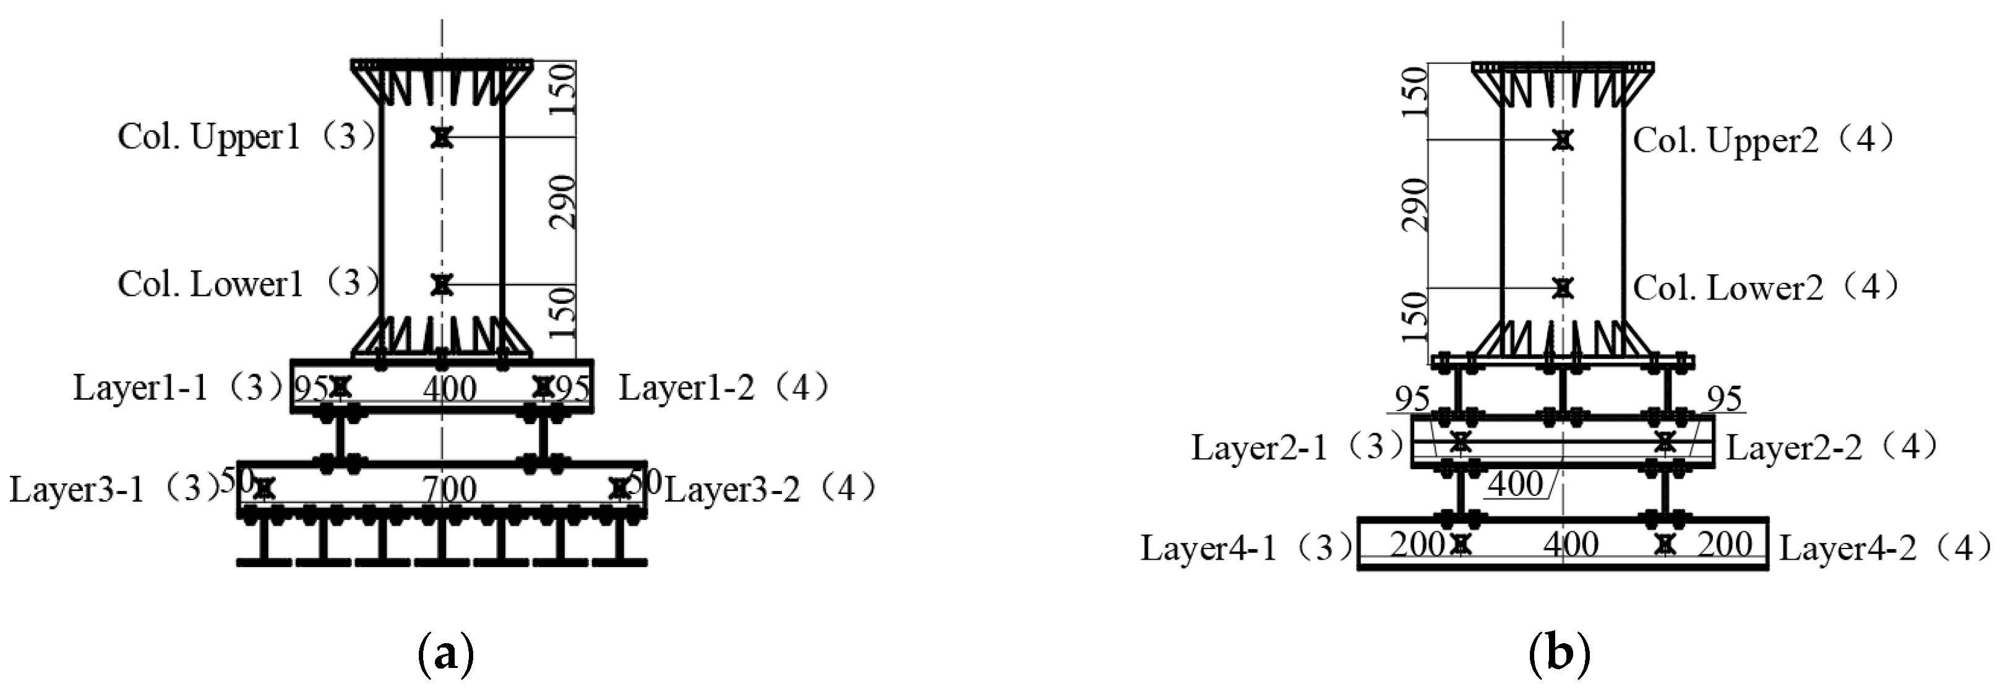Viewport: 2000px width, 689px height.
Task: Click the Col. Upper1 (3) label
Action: [247, 137]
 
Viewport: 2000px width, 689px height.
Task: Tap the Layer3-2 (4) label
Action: [770, 490]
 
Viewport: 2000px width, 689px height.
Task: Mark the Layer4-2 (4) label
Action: [1885, 548]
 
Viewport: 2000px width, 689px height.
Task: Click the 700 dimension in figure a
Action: [450, 490]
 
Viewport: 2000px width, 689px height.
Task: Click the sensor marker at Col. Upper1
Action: [442, 137]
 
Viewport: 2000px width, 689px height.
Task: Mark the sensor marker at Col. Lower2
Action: [1563, 288]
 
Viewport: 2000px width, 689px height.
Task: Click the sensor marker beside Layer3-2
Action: [619, 488]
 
